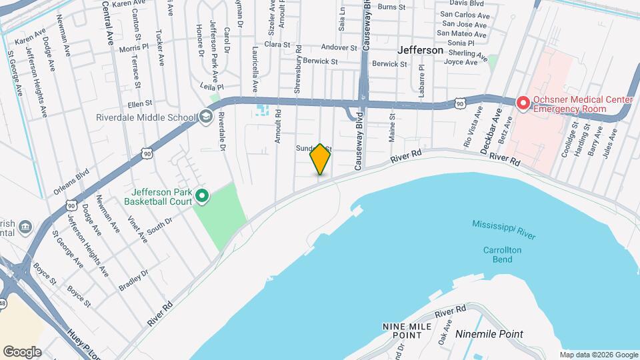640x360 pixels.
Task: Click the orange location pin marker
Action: click(x=320, y=159)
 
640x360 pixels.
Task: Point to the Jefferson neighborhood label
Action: click(x=420, y=50)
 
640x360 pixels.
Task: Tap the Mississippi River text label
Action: click(x=504, y=229)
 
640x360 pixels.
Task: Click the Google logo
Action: click(x=22, y=352)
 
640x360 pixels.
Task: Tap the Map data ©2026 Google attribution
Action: click(x=599, y=355)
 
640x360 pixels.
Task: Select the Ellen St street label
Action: click(x=140, y=104)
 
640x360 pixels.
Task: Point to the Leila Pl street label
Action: click(x=211, y=87)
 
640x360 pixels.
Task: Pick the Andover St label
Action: click(x=339, y=48)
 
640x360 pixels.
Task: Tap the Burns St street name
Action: click(x=391, y=7)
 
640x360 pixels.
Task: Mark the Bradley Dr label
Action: click(x=133, y=280)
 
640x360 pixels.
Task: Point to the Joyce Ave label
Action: click(x=461, y=62)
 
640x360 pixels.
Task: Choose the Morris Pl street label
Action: click(x=134, y=49)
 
